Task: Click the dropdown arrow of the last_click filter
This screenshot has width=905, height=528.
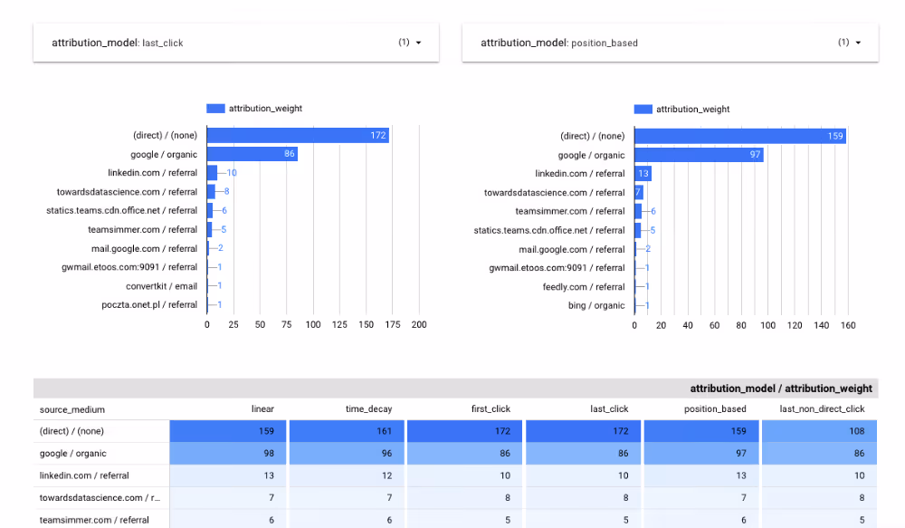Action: (418, 43)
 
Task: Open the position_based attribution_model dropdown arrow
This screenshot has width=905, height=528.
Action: (857, 43)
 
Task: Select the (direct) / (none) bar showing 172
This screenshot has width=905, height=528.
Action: (298, 136)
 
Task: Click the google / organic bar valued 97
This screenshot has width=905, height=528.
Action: (698, 155)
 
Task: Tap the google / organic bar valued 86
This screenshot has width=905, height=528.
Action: (252, 154)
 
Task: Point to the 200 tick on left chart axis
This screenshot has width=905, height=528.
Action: (419, 324)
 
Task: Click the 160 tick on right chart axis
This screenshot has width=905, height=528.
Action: (848, 325)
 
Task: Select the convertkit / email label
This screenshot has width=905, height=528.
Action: (161, 286)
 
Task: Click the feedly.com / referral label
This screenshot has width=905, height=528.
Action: (584, 287)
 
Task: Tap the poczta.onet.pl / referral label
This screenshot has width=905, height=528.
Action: (149, 305)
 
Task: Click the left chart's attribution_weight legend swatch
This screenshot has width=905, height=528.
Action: (215, 109)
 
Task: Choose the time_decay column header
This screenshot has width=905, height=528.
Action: (368, 409)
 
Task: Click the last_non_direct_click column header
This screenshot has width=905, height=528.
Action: (822, 409)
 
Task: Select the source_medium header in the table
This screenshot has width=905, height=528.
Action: (72, 410)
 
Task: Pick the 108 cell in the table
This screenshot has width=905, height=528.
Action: (819, 431)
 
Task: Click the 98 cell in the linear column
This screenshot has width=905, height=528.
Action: (228, 454)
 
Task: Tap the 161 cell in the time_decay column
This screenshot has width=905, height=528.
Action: (347, 431)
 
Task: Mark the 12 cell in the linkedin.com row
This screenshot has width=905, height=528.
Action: (347, 475)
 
